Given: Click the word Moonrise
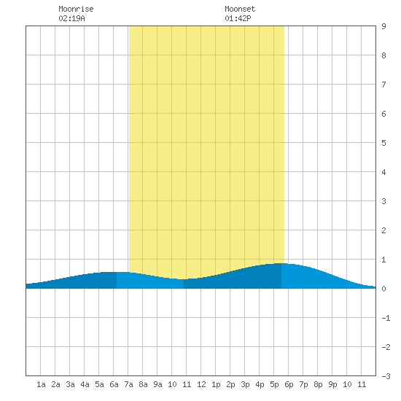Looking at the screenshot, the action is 76,9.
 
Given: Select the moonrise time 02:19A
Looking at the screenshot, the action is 71,18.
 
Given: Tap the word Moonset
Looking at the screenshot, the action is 240,9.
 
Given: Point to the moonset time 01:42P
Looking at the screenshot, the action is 238,18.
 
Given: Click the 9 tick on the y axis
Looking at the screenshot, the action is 384,26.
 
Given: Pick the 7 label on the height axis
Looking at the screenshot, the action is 384,85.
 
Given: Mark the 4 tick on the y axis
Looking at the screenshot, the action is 384,172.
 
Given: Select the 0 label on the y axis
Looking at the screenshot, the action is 384,289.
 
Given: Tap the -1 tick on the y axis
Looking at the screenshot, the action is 386,318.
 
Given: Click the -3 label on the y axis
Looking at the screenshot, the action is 386,376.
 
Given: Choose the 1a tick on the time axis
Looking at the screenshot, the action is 41,384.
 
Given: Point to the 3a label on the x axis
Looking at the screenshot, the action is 70,384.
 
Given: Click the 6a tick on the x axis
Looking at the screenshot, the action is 114,384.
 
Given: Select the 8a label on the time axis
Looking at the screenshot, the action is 143,384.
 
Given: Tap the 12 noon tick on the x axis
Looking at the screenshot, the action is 201,384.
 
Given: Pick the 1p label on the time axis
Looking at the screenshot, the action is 216,384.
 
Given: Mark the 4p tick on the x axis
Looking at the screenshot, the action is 260,384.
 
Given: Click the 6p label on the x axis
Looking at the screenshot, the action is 289,384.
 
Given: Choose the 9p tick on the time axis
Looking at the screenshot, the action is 332,384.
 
